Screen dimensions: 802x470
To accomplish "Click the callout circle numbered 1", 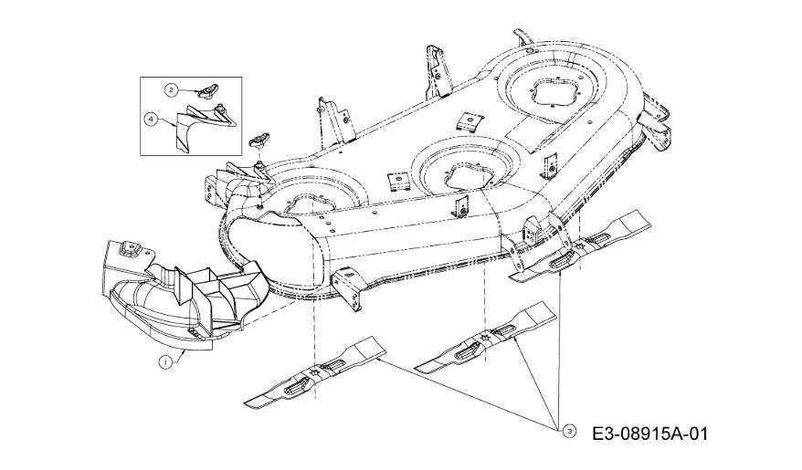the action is [x=164, y=361].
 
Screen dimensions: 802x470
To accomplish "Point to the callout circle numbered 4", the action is [x=151, y=119].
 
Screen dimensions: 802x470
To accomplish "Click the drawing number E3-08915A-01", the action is [x=650, y=434].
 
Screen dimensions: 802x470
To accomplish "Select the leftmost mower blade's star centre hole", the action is [x=313, y=373].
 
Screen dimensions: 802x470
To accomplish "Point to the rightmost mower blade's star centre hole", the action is [x=579, y=246].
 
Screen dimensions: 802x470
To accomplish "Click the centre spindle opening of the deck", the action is [x=464, y=173].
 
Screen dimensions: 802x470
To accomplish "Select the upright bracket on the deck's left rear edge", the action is [x=334, y=120].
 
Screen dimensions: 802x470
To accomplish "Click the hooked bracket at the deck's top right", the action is [x=524, y=41].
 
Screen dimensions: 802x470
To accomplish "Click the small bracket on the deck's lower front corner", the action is [x=348, y=287].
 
